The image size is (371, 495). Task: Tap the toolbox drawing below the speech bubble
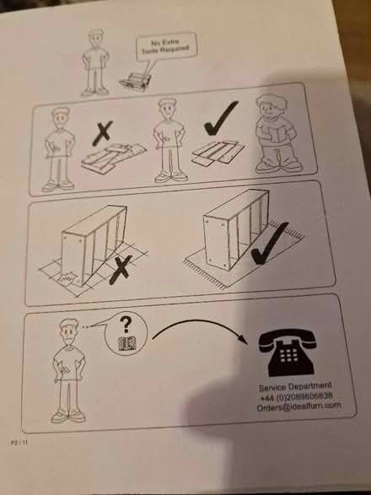[135, 80]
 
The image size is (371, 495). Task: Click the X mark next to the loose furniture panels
[103, 133]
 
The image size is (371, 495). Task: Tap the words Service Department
[290, 386]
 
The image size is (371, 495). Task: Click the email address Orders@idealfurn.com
[299, 406]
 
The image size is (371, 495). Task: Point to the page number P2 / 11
[19, 441]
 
